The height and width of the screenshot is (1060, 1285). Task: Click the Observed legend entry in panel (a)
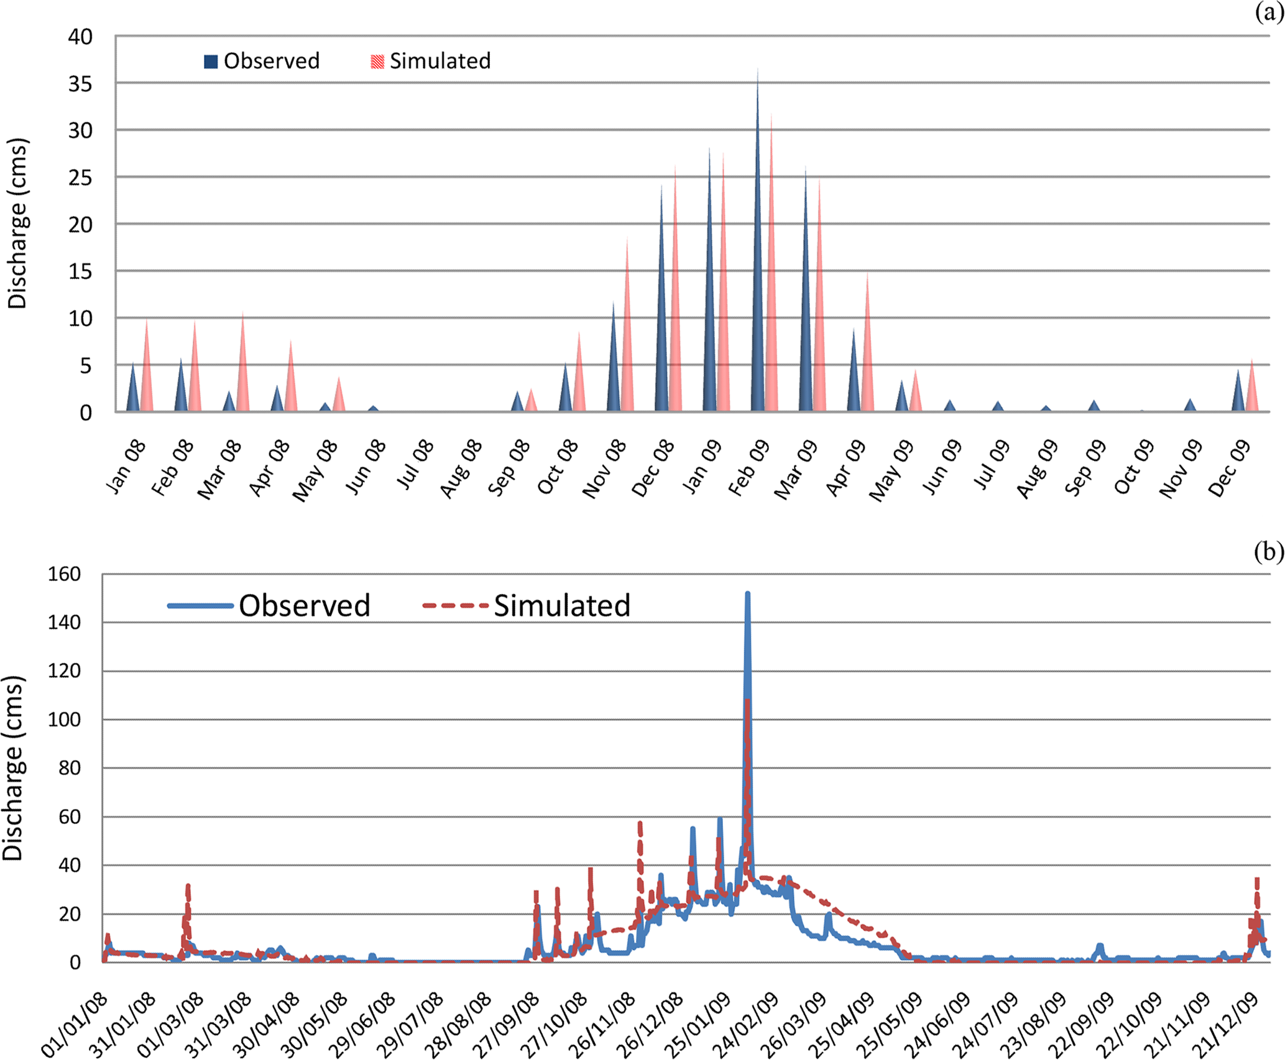(x=262, y=61)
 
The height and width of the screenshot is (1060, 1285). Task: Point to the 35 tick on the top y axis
(x=80, y=84)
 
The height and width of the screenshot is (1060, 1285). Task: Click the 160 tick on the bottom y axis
(x=65, y=574)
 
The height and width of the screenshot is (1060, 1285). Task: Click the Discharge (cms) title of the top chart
(x=17, y=224)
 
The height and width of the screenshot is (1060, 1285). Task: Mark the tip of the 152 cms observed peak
(x=747, y=594)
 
